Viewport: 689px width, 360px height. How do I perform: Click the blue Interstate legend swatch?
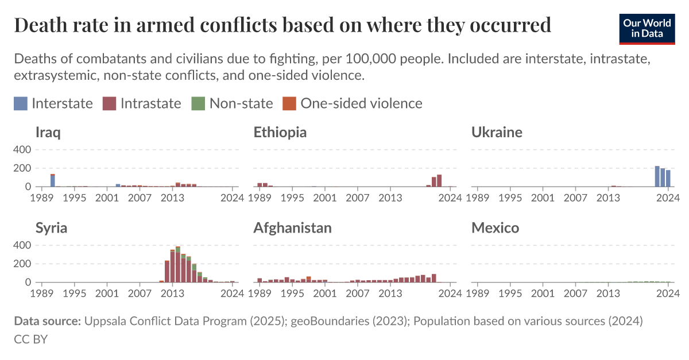(21, 103)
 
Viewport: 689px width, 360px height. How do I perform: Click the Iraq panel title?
(48, 133)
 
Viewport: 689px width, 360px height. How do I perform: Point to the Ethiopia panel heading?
(280, 133)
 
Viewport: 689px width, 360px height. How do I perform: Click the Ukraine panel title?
(497, 133)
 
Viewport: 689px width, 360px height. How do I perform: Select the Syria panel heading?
(51, 228)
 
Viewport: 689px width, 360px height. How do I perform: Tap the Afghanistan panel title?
(292, 228)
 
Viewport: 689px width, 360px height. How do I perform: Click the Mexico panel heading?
(495, 228)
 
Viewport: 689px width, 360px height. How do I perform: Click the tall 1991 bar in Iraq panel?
(53, 180)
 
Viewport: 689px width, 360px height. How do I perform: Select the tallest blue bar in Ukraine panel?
(657, 176)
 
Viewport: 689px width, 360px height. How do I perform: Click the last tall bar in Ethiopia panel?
(439, 181)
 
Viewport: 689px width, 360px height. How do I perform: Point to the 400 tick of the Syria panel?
(22, 245)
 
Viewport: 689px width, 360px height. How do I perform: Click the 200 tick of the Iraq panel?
(22, 168)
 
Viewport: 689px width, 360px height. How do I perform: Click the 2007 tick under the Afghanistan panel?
(358, 293)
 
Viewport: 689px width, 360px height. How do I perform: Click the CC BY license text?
(30, 339)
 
